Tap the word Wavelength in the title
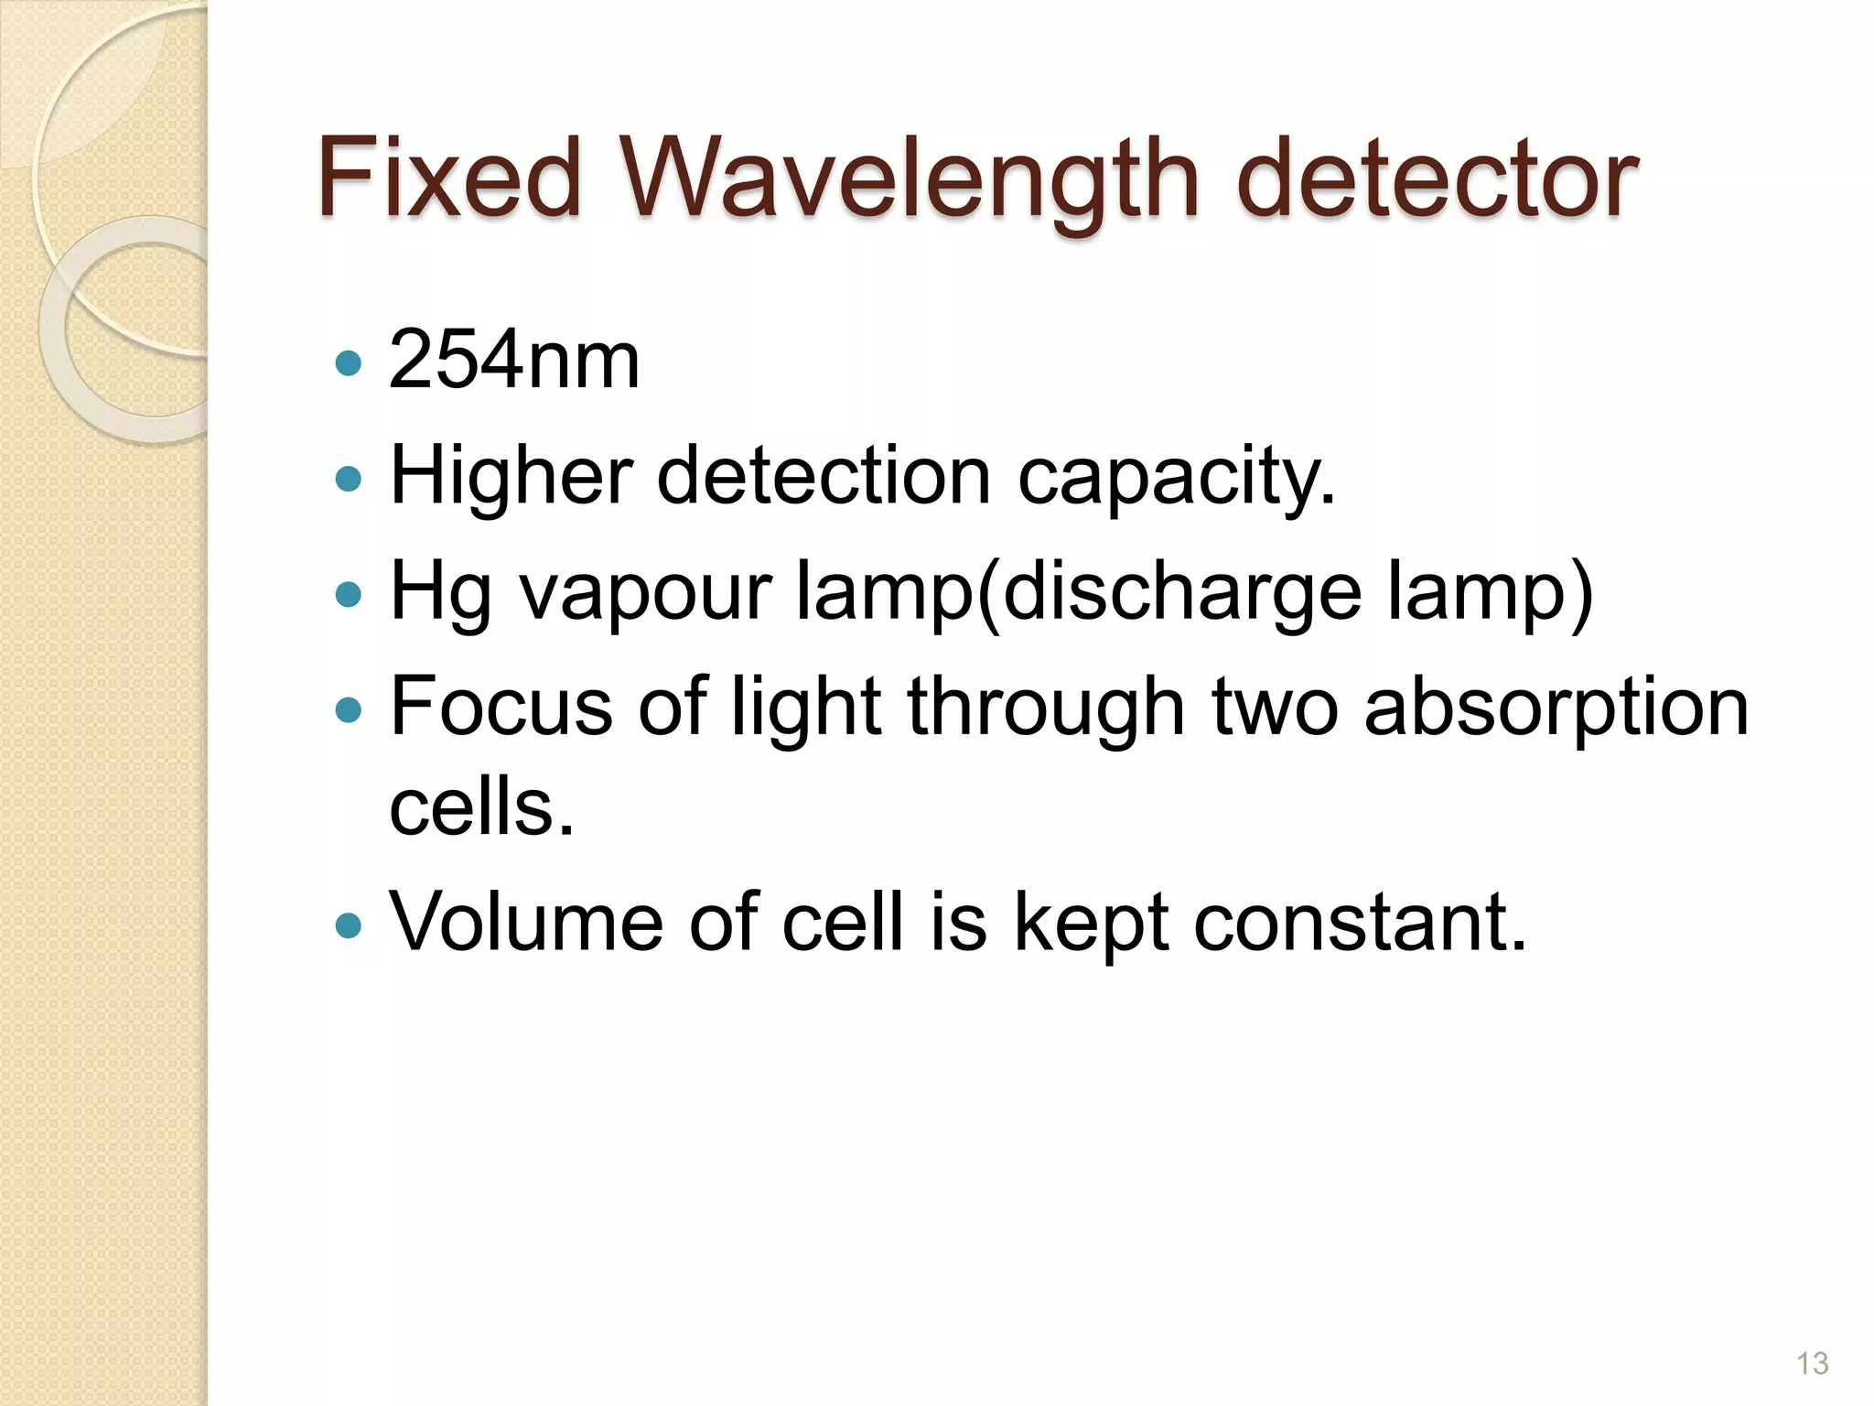pyautogui.click(x=910, y=179)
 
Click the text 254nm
pyautogui.click(x=514, y=361)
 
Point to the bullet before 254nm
pyautogui.click(x=349, y=364)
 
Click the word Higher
pyautogui.click(x=511, y=476)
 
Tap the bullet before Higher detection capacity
pyautogui.click(x=349, y=479)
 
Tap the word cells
pyautogui.click(x=481, y=807)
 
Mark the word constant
pyautogui.click(x=1360, y=922)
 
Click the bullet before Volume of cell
pyautogui.click(x=349, y=925)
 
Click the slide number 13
pyautogui.click(x=1812, y=1363)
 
